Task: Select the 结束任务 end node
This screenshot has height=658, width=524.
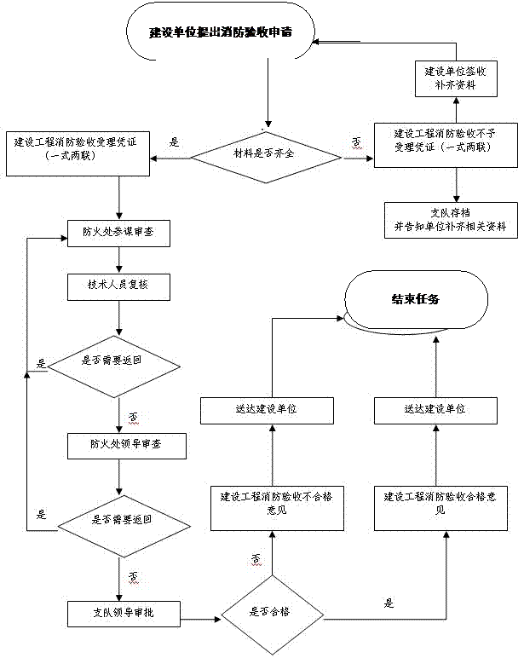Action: coord(415,299)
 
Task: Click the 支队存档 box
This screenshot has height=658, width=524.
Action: coord(450,220)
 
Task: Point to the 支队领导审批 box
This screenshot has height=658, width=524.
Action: coord(123,611)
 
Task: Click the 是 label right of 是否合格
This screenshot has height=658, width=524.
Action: coord(389,603)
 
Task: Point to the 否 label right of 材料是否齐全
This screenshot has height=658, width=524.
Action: coord(355,142)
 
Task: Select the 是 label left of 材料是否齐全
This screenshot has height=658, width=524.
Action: coord(175,142)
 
